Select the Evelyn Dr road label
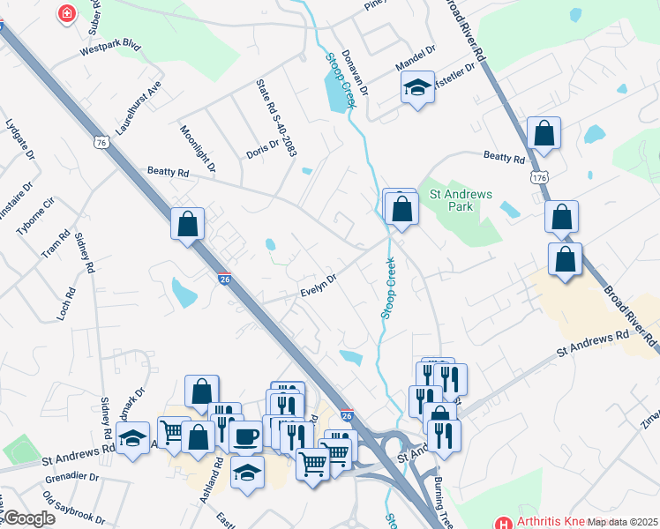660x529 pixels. (x=319, y=286)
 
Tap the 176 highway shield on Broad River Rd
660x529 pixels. (x=540, y=178)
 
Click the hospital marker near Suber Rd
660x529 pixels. (x=65, y=13)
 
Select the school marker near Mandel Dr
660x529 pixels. (x=417, y=87)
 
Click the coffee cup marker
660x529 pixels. (x=245, y=436)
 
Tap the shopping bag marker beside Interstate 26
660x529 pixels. (x=188, y=224)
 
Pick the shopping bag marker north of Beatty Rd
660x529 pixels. (x=544, y=133)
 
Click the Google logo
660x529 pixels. (x=30, y=518)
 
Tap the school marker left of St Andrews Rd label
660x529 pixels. (x=132, y=437)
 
